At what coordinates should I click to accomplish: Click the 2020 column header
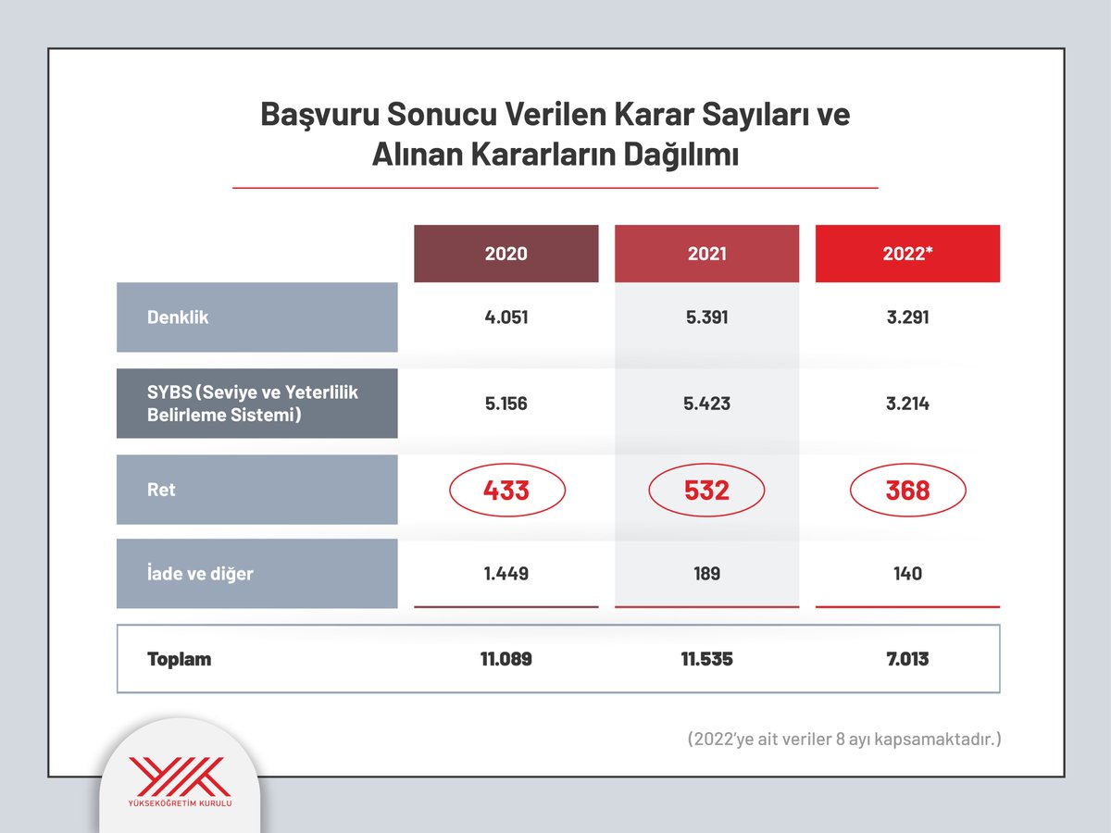point(506,254)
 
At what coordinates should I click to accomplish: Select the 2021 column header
point(706,254)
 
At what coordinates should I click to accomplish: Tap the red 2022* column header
point(907,254)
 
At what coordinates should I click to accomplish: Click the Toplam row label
point(180,659)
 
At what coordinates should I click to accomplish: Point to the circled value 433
point(506,490)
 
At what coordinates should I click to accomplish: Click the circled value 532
point(706,490)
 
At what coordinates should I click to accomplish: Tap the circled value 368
point(907,490)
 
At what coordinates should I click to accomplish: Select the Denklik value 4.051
point(506,317)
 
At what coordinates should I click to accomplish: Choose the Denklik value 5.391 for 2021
point(706,317)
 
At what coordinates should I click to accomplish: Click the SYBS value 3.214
point(907,404)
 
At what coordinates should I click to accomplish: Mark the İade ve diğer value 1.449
point(506,574)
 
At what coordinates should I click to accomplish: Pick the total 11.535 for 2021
point(706,660)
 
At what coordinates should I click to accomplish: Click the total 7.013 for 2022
point(907,660)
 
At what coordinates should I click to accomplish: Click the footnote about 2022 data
point(844,740)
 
